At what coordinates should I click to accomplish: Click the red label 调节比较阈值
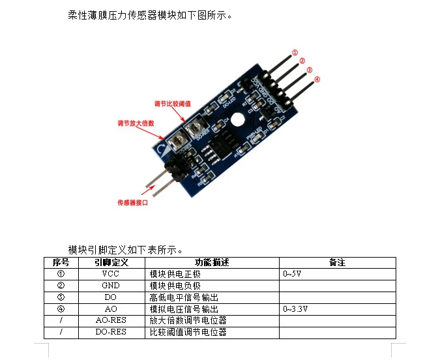coord(172,103)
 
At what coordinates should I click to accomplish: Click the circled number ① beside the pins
coord(295,53)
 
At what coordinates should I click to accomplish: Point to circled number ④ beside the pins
coord(317,80)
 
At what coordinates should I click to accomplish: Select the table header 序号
coord(61,262)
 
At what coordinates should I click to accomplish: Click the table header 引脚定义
coord(111,262)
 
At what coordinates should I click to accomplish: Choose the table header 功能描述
coord(212,262)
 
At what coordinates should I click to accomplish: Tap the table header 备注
coord(337,262)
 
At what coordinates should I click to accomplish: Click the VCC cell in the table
coord(111,274)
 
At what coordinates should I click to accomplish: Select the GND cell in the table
coord(111,286)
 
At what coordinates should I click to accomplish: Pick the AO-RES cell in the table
coord(111,321)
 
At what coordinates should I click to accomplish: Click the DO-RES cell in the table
coord(111,333)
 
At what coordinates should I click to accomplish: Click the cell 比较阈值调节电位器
coord(188,333)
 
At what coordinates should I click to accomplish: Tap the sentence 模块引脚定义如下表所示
coord(124,249)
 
